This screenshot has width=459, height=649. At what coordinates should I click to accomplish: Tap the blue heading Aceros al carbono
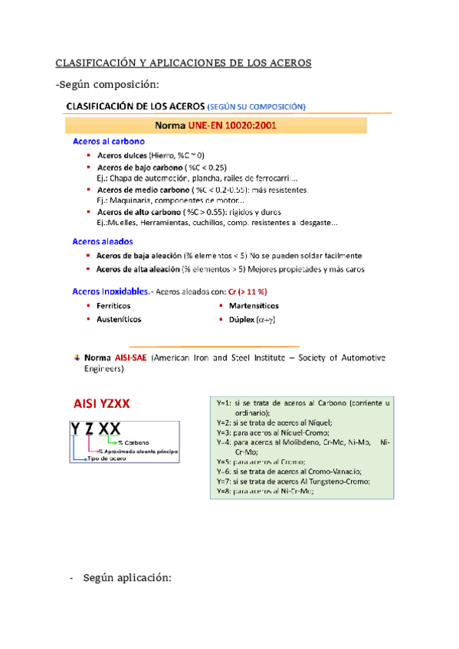coord(110,142)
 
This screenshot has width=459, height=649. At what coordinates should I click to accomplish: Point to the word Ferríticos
coord(114,305)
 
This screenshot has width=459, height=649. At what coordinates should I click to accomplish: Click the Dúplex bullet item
coord(252,319)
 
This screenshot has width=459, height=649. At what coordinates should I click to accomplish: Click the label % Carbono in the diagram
coord(133,442)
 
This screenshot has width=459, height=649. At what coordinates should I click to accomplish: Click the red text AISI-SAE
coord(131,357)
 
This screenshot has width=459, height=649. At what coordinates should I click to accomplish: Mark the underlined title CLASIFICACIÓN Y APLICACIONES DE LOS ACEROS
coord(185,63)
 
